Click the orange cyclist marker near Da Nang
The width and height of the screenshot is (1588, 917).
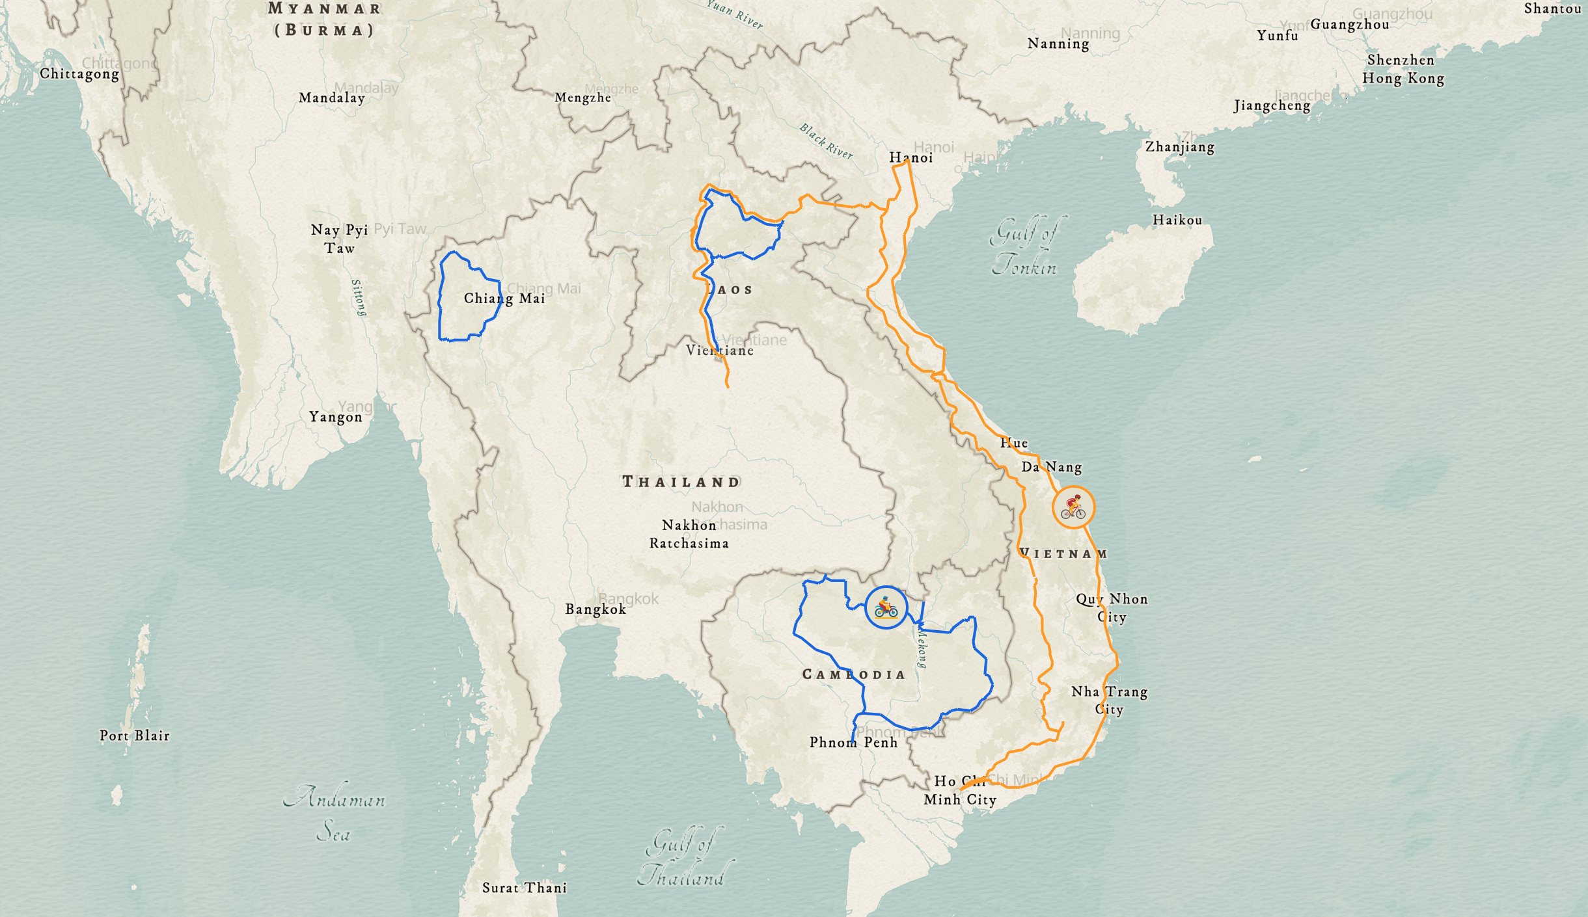point(1073,507)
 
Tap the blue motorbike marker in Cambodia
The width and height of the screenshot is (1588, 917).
point(886,607)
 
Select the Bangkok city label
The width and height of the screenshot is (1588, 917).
point(595,609)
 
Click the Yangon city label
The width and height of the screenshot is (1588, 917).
point(335,417)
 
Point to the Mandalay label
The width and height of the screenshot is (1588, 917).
point(332,98)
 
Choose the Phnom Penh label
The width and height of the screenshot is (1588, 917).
point(853,743)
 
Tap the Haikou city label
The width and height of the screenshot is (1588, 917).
point(1177,220)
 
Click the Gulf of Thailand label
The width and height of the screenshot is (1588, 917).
point(682,859)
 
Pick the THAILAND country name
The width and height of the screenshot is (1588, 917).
point(681,482)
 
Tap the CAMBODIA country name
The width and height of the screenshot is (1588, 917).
point(853,674)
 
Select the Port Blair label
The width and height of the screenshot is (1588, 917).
point(135,736)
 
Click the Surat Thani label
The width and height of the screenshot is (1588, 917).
point(525,888)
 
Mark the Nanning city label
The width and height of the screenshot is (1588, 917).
point(1058,44)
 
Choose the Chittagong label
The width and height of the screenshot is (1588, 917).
point(79,74)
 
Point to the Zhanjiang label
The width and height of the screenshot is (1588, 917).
point(1179,147)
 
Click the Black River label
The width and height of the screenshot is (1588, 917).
point(826,141)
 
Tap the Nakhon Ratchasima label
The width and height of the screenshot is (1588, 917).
point(689,534)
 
